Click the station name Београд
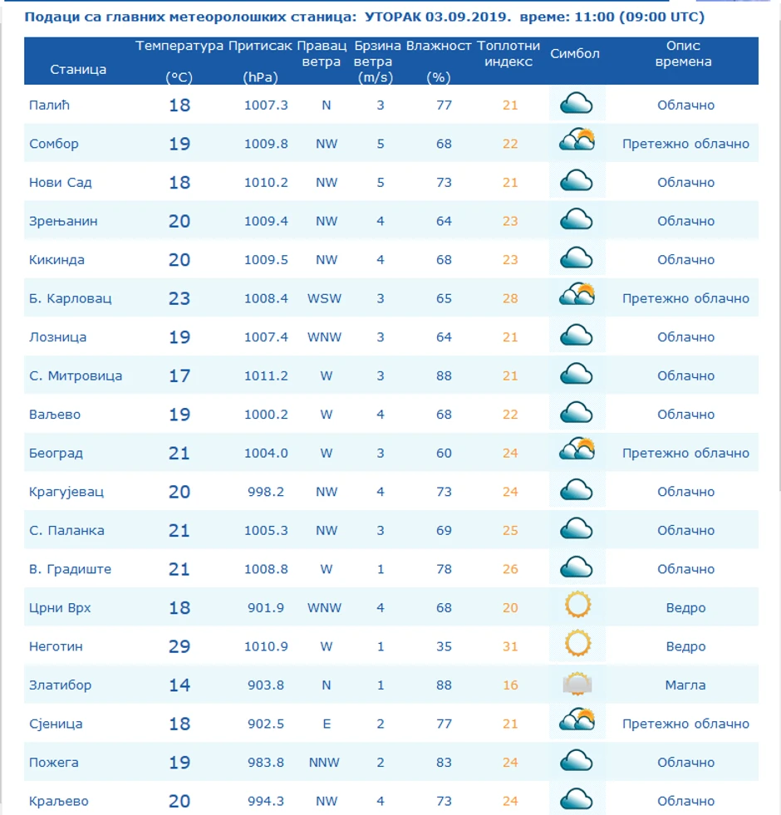[56, 454]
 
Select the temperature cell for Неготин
[179, 646]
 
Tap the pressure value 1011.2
[266, 376]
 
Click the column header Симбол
[575, 54]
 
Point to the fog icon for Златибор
[577, 685]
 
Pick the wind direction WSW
[325, 298]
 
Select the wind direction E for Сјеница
[327, 724]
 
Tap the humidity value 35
[444, 646]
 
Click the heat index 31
[510, 646]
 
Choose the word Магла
[685, 685]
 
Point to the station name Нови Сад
[61, 183]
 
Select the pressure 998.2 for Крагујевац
[266, 492]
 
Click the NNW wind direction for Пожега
[327, 763]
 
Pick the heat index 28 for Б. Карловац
[510, 298]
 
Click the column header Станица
[78, 70]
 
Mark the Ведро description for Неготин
[685, 646]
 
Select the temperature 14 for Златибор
[179, 685]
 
